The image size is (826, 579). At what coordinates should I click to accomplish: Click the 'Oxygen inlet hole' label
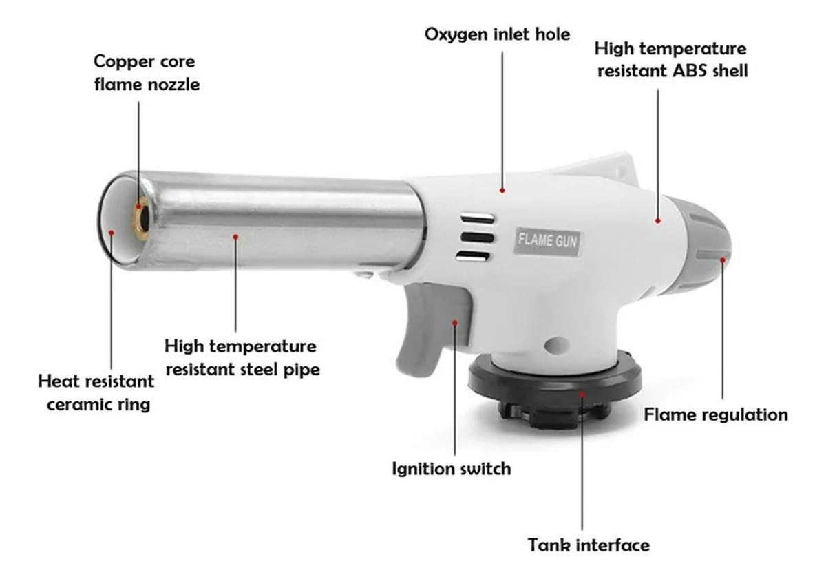coord(497,35)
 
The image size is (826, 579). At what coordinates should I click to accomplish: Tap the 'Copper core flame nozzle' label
coord(147,73)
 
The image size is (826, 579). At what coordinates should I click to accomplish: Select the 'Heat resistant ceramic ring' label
coord(96,392)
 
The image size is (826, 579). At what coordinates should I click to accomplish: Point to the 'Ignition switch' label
coord(452,469)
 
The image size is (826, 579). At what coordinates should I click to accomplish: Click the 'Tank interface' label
coord(589,545)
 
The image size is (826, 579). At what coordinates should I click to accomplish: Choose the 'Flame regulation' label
coord(716,415)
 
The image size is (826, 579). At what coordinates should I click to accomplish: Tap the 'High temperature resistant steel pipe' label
coord(242,358)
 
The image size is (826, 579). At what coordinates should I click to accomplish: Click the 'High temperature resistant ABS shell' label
coord(671,60)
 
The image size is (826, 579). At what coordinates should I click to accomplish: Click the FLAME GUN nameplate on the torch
coord(547,242)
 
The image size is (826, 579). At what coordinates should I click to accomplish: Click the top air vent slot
coord(477,219)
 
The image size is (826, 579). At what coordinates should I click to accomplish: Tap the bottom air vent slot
coord(473,255)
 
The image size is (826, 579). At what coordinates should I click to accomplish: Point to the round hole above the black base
coord(556,344)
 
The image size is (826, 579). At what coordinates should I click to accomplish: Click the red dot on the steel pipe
coord(235,236)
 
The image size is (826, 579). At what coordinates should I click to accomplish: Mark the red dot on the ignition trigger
coord(455,323)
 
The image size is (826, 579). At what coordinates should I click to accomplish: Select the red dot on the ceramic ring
coord(111,232)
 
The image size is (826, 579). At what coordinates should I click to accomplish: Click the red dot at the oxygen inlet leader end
coord(502,190)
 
